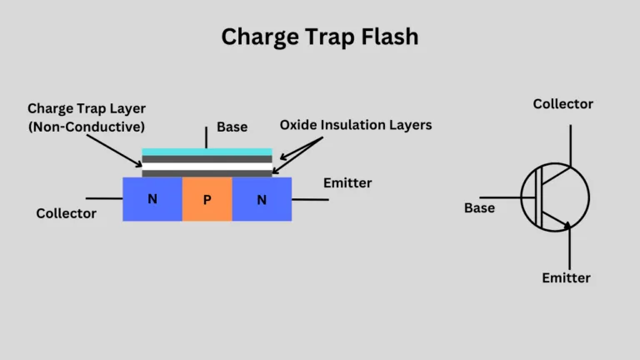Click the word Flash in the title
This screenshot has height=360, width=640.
(385, 37)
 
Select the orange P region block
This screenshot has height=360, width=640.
(207, 199)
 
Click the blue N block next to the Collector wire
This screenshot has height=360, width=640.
(152, 199)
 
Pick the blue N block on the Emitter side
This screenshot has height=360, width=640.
(262, 199)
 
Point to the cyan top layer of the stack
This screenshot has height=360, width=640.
(207, 152)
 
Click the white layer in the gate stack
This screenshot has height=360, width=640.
(207, 167)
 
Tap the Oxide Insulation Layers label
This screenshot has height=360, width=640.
(356, 125)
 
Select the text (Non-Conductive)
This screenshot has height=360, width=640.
(86, 127)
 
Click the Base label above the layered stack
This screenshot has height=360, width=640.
(232, 127)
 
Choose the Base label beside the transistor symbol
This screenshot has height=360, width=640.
(479, 207)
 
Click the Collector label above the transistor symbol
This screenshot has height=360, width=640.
(562, 104)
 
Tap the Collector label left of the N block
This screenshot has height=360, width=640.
(66, 213)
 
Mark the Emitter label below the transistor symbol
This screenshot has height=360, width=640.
(566, 277)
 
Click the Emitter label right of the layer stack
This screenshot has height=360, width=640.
(347, 182)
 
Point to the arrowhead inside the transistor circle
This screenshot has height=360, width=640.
(567, 224)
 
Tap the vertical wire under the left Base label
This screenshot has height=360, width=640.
(207, 137)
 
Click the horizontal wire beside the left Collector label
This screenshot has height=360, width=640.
(103, 198)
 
